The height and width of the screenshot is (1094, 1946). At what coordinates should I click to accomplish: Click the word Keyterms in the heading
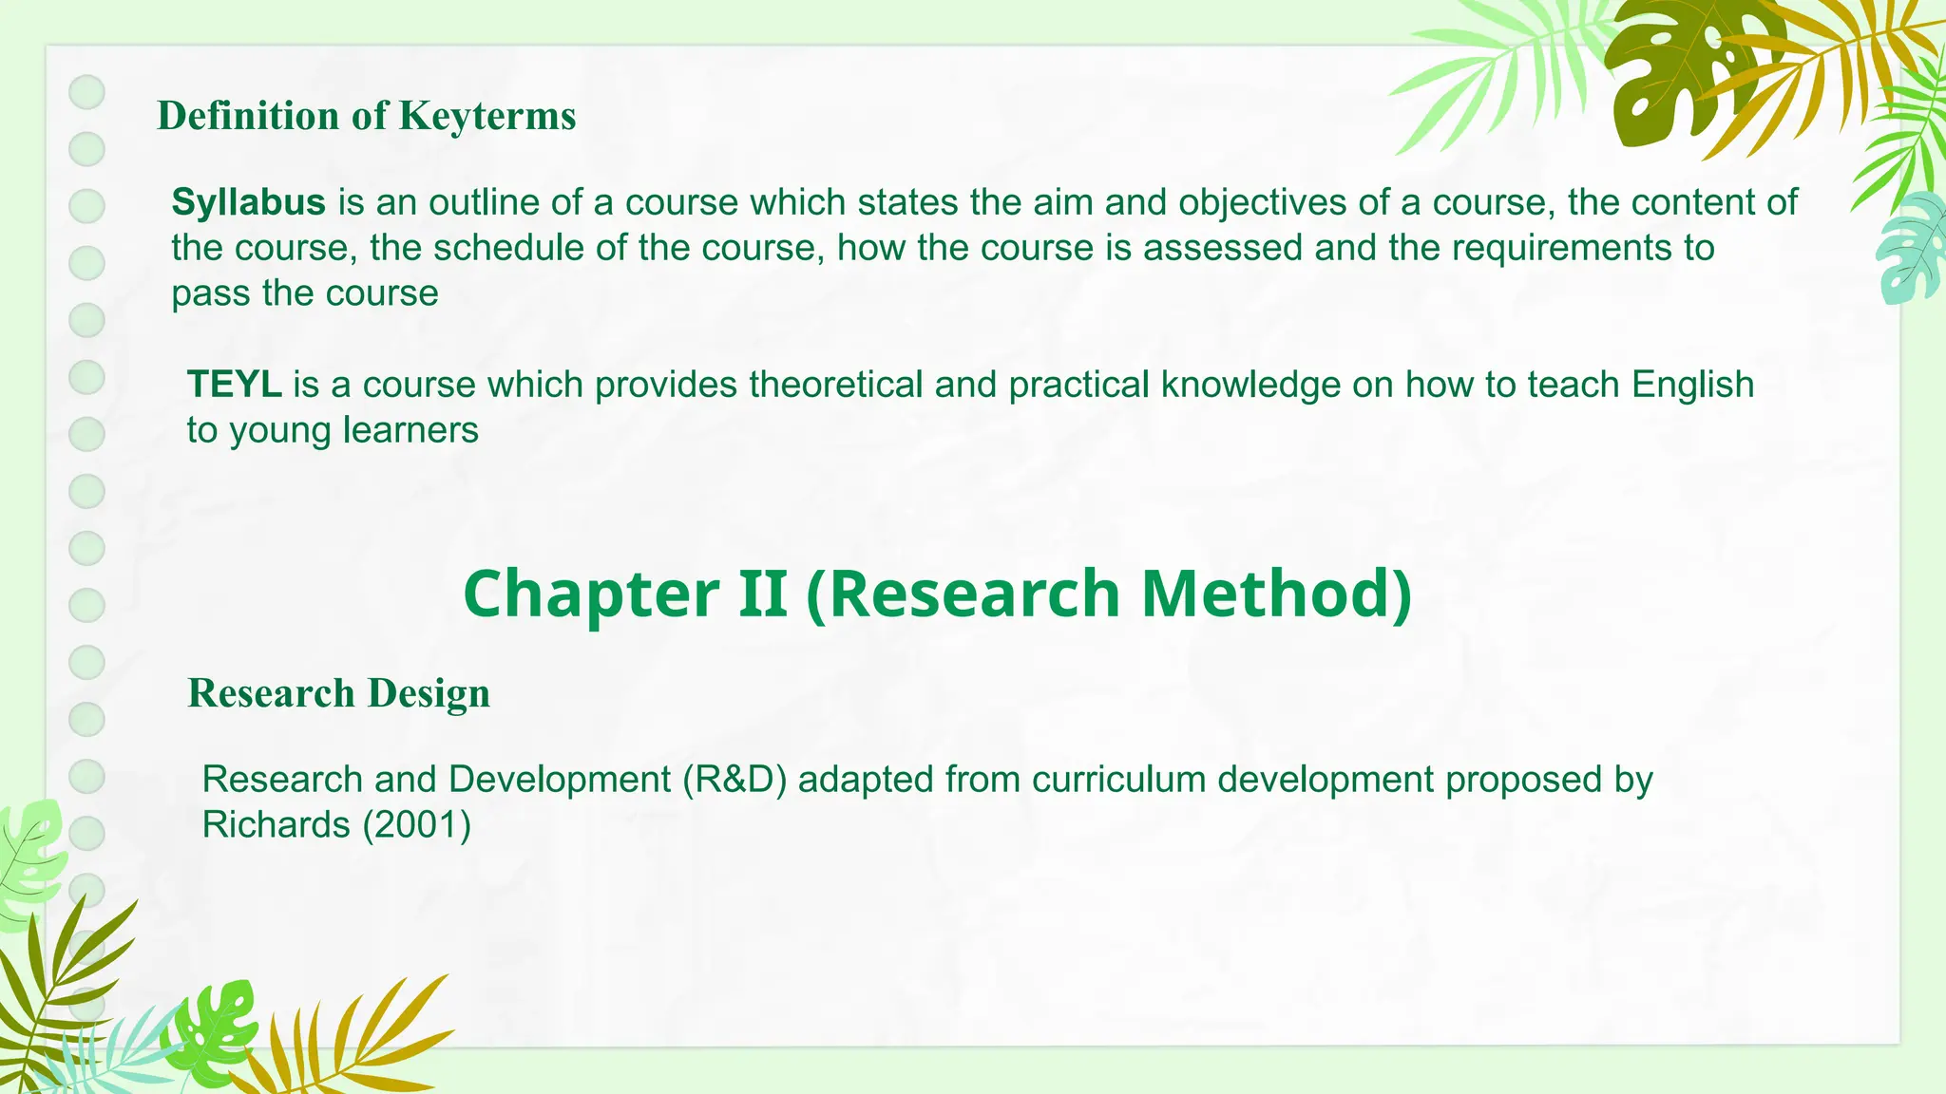coord(487,116)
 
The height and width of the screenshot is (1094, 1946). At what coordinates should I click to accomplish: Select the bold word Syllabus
coord(248,202)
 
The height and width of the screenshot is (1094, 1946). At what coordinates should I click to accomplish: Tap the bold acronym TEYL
coord(234,385)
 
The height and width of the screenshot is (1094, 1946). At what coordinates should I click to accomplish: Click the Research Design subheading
coord(338,693)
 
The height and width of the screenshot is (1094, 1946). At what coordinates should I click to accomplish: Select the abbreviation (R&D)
coord(735,780)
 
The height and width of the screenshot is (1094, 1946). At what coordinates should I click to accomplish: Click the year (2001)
coord(417,824)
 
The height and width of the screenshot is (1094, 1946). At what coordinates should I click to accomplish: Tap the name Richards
coord(277,824)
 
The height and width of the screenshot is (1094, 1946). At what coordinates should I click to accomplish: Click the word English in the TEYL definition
coord(1692,385)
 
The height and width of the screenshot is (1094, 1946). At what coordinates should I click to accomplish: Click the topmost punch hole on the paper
coord(87,92)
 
